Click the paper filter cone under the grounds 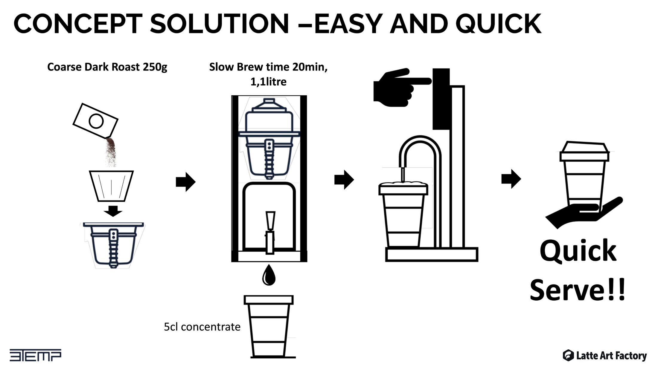[111, 186]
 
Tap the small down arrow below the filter [113, 211]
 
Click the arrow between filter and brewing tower [186, 182]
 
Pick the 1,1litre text [268, 82]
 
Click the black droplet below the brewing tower [269, 275]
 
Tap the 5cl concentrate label [202, 327]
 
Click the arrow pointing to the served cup [511, 179]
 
